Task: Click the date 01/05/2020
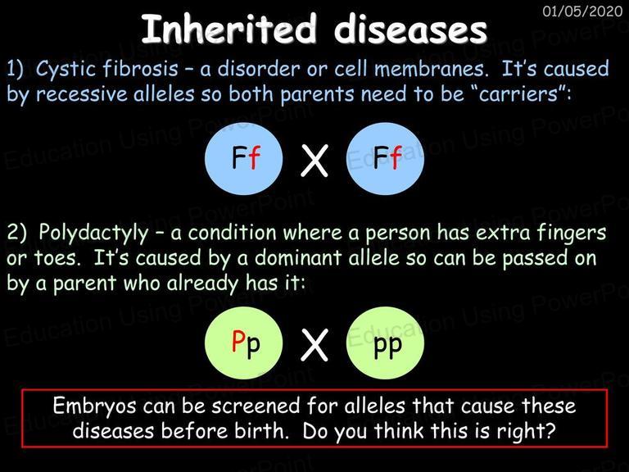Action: point(582,11)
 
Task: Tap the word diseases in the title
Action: point(410,29)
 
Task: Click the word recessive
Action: point(81,94)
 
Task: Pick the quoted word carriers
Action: point(520,93)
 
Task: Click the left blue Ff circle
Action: point(244,159)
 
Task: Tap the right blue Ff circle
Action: point(385,159)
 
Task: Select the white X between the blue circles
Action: point(314,161)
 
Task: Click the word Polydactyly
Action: point(93,234)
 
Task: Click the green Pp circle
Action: point(244,343)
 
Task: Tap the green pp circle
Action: point(385,343)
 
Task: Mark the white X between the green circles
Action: point(314,345)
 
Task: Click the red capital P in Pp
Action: point(238,341)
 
